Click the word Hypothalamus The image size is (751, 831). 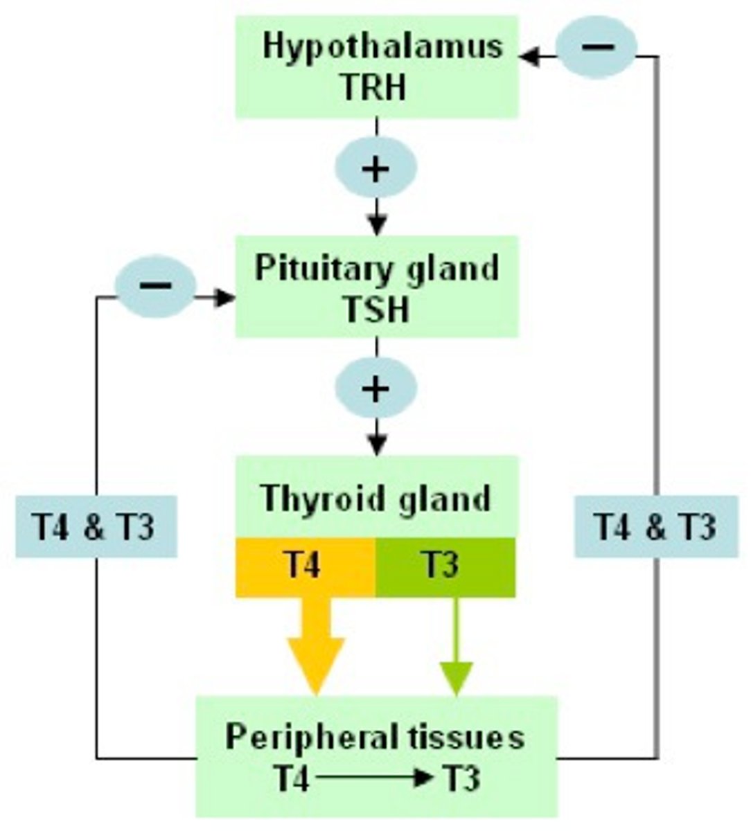click(x=382, y=46)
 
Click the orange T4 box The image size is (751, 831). click(x=305, y=566)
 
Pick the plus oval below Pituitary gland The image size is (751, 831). click(x=376, y=388)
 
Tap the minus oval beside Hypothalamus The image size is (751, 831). click(x=597, y=47)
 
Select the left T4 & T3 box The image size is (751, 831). click(x=96, y=528)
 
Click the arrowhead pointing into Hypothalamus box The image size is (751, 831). click(x=530, y=57)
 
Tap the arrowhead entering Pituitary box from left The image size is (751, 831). click(x=224, y=298)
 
